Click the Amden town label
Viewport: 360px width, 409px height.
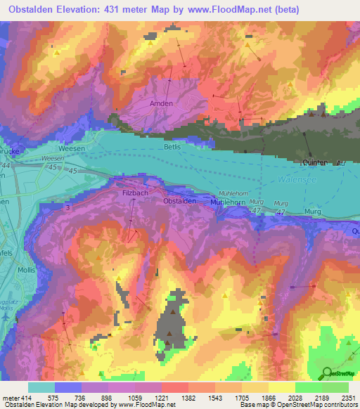161,103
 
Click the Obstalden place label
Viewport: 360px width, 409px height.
179,201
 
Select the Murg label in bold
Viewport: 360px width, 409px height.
314,212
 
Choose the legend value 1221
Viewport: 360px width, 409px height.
160,397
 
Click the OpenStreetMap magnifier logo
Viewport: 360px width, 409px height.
326,372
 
